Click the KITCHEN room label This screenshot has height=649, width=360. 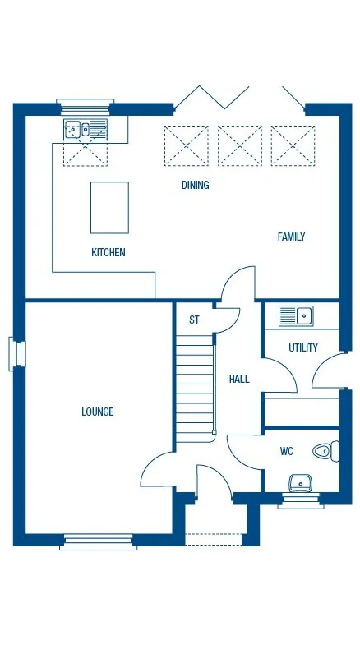pyautogui.click(x=108, y=252)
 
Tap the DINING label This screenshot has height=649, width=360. pyautogui.click(x=196, y=185)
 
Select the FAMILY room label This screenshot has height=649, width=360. pyautogui.click(x=291, y=237)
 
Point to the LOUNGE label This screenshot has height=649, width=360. pyautogui.click(x=98, y=412)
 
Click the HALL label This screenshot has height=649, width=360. pyautogui.click(x=239, y=379)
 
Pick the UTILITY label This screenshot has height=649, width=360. pyautogui.click(x=303, y=348)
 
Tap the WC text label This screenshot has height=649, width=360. pyautogui.click(x=287, y=450)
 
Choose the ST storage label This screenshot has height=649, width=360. pyautogui.click(x=194, y=320)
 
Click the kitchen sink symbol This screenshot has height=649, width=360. pyautogui.click(x=85, y=128)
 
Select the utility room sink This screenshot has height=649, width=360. pyautogui.click(x=296, y=315)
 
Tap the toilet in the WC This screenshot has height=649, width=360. pyautogui.click(x=326, y=450)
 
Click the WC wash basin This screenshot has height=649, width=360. pyautogui.click(x=301, y=482)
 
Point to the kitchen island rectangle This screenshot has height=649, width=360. pyautogui.click(x=109, y=207)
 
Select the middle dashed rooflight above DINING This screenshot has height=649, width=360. pyautogui.click(x=240, y=145)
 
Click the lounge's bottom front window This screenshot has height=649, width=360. pyautogui.click(x=97, y=541)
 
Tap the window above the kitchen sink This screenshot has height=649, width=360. pyautogui.click(x=85, y=104)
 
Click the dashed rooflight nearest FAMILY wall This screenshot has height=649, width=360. pyautogui.click(x=293, y=145)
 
